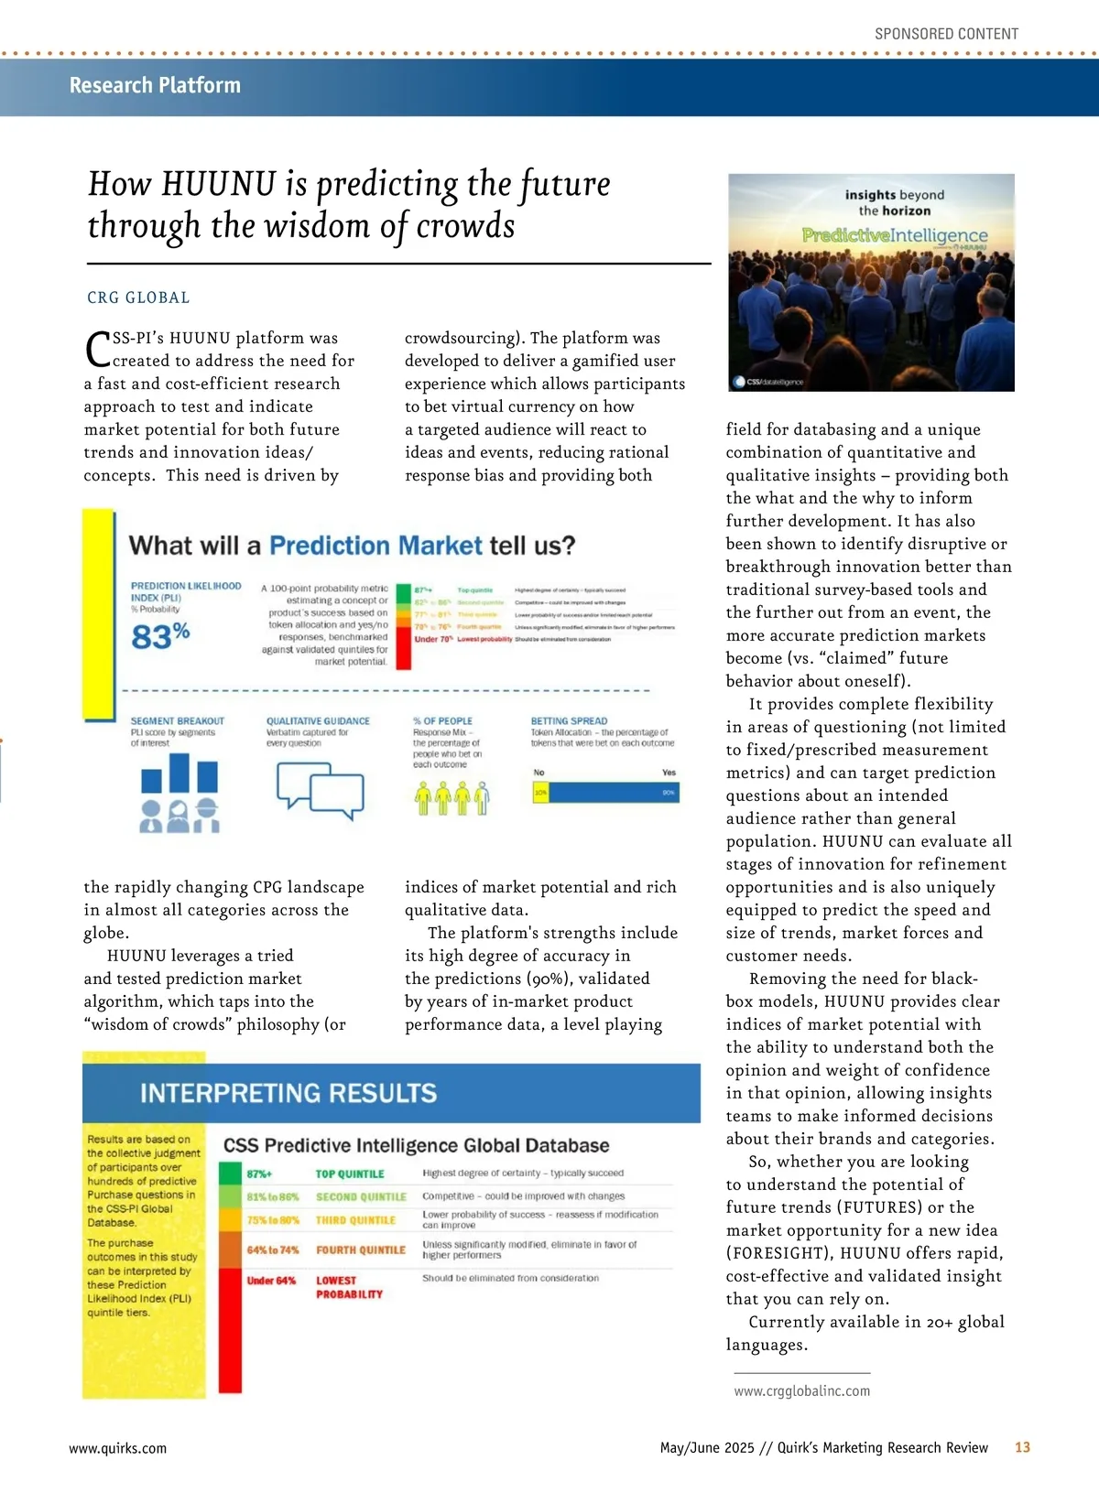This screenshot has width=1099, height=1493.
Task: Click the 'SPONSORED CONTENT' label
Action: tap(946, 34)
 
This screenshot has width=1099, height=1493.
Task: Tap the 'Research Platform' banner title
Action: tap(155, 85)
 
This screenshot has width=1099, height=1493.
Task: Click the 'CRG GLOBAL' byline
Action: tap(138, 298)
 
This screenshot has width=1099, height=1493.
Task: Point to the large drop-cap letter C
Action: tap(97, 349)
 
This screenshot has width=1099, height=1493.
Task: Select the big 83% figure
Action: tap(160, 635)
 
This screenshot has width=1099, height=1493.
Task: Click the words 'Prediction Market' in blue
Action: tap(375, 546)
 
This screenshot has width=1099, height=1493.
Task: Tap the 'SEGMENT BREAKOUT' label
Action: tap(177, 721)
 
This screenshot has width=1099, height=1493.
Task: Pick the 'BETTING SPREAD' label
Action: tap(569, 721)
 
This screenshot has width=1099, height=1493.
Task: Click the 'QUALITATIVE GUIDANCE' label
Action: tap(318, 721)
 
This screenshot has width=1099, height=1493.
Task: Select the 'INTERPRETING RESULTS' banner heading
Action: tap(288, 1093)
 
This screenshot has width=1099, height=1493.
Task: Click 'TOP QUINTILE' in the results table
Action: tap(350, 1174)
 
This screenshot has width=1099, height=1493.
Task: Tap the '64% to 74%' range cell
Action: tap(273, 1250)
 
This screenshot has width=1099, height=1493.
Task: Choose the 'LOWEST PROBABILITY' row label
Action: tap(349, 1287)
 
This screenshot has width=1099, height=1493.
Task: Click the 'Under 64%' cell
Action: tap(271, 1281)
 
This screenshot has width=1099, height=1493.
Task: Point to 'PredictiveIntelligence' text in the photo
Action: tap(895, 235)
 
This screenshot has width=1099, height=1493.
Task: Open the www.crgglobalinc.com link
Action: tap(801, 1390)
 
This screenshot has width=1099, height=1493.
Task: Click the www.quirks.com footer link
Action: tap(118, 1448)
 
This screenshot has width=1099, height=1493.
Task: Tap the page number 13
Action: tap(1022, 1447)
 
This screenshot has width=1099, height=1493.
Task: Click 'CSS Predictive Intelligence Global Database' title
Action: tap(416, 1145)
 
